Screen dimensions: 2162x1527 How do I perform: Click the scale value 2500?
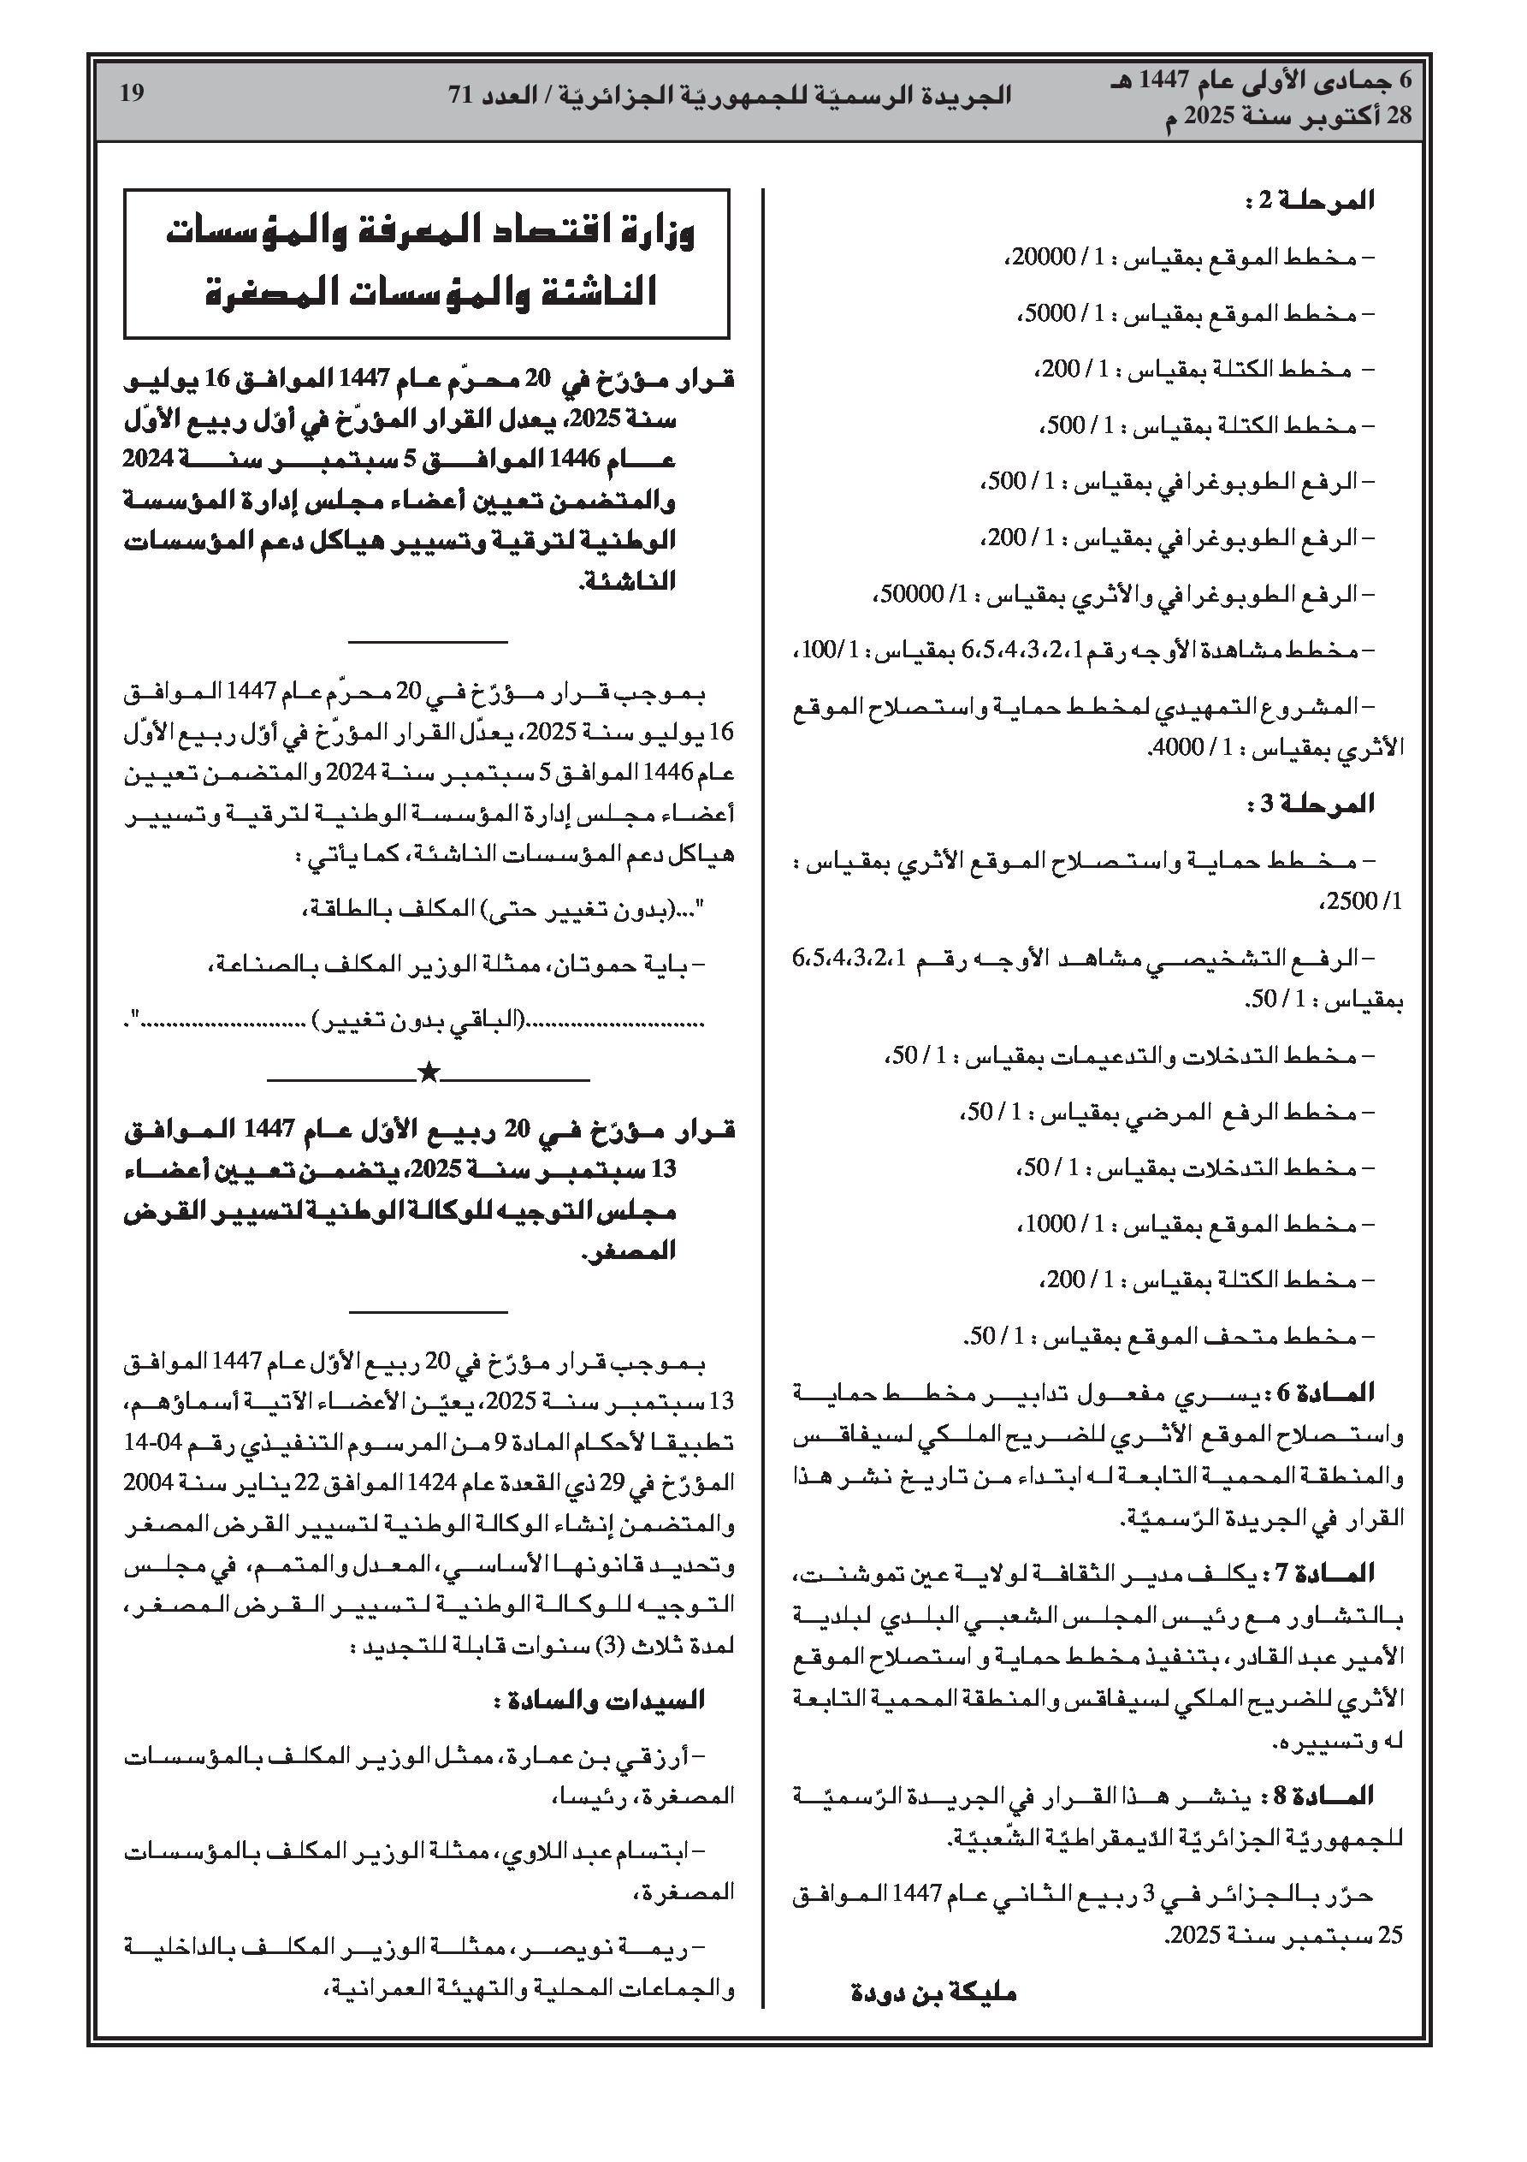coord(1358,901)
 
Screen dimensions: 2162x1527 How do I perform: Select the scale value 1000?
coord(1050,1224)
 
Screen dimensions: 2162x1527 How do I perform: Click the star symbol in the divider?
coord(429,1072)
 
